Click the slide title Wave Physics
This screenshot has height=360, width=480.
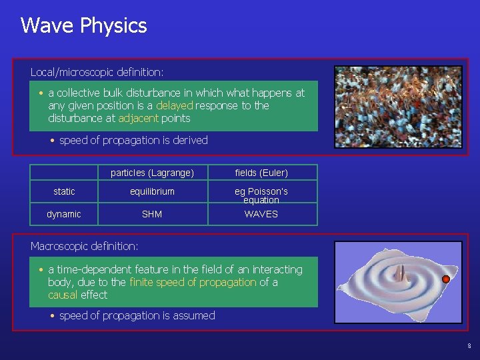(x=83, y=26)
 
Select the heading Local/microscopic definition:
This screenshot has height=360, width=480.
(x=97, y=71)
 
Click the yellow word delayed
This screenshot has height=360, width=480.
(x=175, y=105)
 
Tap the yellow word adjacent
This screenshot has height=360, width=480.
(x=138, y=118)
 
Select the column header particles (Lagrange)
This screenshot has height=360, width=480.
(x=152, y=173)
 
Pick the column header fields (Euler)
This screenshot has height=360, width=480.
(x=261, y=173)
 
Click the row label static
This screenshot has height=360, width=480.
(x=64, y=191)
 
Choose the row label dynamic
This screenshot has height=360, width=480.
(x=64, y=214)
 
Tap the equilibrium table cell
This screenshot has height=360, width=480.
(x=152, y=191)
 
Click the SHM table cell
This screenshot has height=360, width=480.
(x=152, y=214)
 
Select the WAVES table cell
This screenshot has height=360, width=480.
(x=261, y=214)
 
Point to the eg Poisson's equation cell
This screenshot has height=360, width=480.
(x=261, y=195)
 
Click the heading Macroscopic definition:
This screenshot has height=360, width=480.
(x=84, y=246)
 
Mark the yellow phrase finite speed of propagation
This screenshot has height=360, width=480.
(x=193, y=282)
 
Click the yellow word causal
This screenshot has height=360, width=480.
(x=63, y=295)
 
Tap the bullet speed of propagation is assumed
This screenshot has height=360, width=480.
(x=137, y=315)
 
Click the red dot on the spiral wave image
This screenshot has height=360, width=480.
(x=446, y=279)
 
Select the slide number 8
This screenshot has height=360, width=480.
(x=469, y=346)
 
